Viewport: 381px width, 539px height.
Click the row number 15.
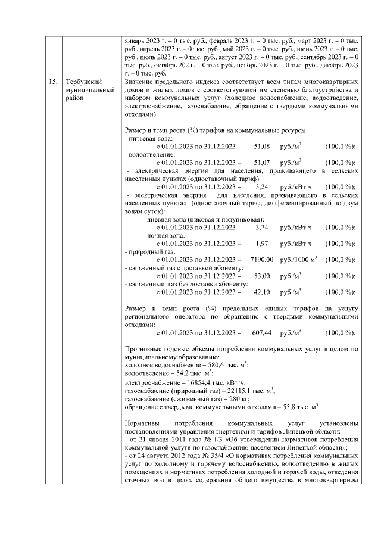click(x=53, y=81)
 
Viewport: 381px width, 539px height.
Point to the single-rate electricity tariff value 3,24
click(x=262, y=186)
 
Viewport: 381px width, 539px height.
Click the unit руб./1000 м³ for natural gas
click(x=298, y=260)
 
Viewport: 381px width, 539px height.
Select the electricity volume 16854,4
click(x=195, y=382)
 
